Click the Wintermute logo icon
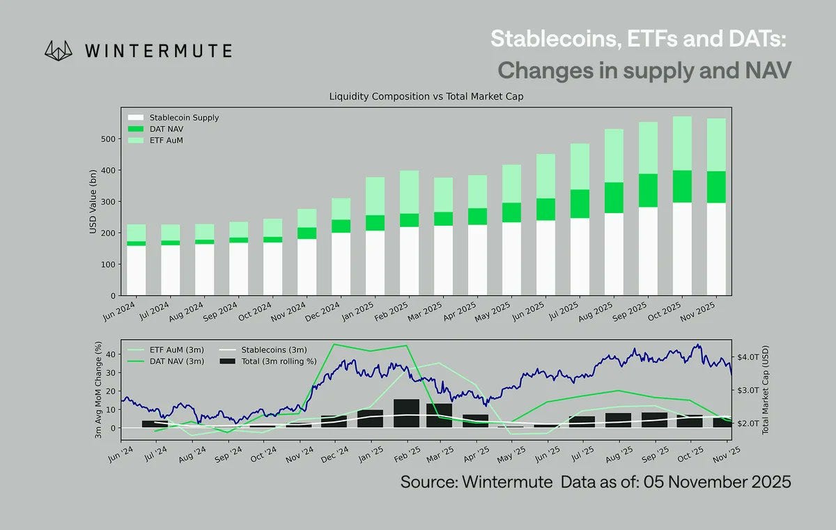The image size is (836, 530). pyautogui.click(x=59, y=50)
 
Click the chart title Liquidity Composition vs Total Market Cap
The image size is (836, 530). pyautogui.click(x=426, y=97)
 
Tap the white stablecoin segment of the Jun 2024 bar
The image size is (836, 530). pyautogui.click(x=136, y=272)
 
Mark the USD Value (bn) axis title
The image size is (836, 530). pyautogui.click(x=93, y=201)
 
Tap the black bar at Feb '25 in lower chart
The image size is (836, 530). pyautogui.click(x=406, y=413)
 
